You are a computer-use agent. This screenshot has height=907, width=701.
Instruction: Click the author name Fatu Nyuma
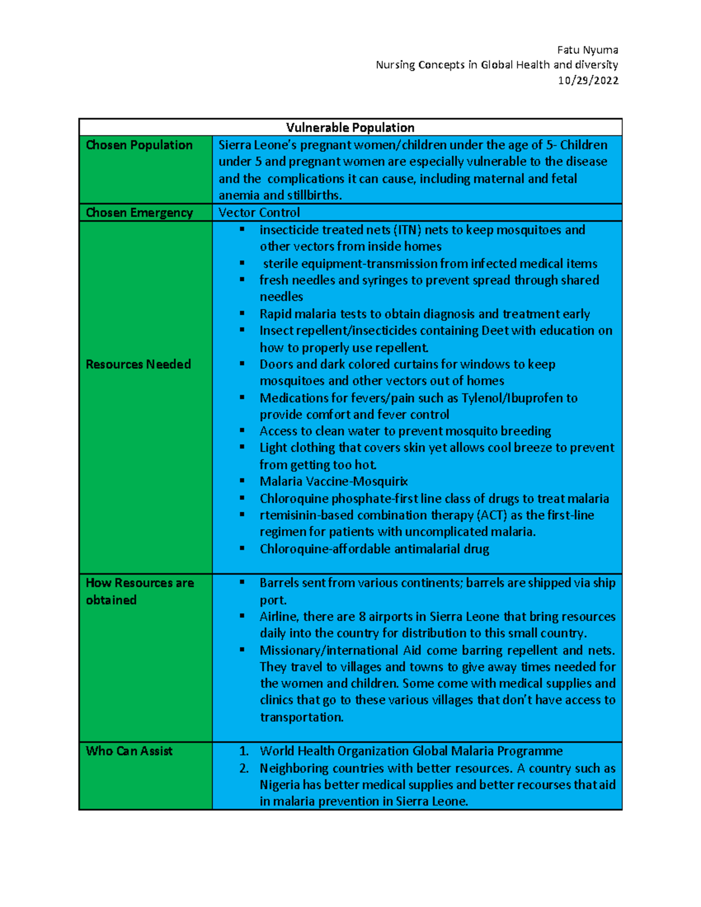click(587, 50)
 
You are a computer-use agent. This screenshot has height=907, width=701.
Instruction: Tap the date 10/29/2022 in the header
click(588, 81)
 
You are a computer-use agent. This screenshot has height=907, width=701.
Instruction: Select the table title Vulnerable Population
click(350, 127)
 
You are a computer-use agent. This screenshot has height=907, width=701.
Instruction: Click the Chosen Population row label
click(139, 145)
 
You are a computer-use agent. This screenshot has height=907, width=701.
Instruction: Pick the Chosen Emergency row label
click(139, 213)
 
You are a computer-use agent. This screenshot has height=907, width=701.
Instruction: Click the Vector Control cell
click(259, 213)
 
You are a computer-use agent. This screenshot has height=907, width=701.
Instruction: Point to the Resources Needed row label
click(138, 364)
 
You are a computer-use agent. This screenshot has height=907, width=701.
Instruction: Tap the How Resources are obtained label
click(140, 591)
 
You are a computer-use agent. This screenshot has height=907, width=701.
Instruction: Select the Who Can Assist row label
click(129, 751)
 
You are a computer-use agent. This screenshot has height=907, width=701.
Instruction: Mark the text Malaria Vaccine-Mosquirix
click(334, 482)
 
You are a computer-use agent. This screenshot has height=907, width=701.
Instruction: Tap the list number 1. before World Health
click(244, 751)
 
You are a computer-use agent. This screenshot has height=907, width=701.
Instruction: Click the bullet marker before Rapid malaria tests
click(242, 314)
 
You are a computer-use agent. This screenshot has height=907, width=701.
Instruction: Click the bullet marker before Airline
click(242, 616)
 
